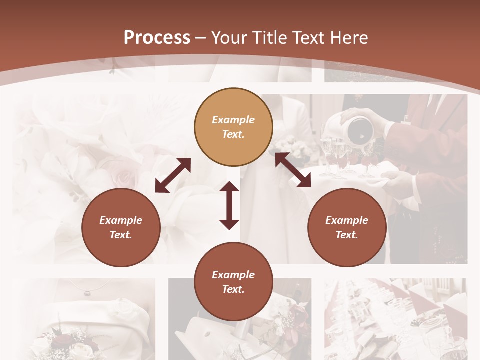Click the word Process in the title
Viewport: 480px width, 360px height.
(x=157, y=38)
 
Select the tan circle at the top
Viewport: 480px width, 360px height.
(x=233, y=127)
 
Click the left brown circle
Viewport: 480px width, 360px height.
(x=121, y=227)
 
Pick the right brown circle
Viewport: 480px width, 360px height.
(x=347, y=227)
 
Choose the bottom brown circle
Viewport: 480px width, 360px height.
(x=233, y=282)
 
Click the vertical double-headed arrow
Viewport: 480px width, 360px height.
(x=229, y=205)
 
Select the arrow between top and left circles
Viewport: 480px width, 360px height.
(x=173, y=175)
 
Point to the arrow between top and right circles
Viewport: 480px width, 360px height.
(x=293, y=170)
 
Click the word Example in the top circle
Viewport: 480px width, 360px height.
(x=233, y=120)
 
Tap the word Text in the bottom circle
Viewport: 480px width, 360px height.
(x=232, y=289)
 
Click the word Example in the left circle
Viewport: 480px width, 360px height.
(x=121, y=220)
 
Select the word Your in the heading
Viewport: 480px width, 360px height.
(x=229, y=38)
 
